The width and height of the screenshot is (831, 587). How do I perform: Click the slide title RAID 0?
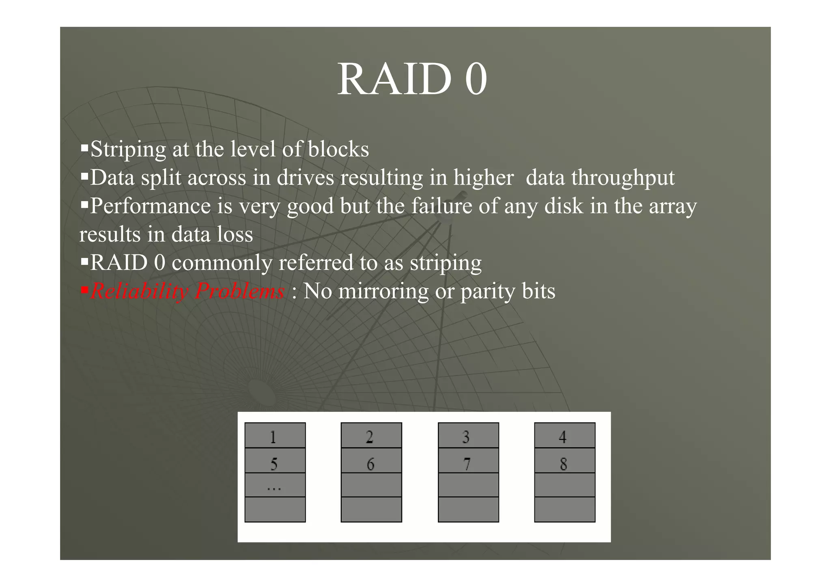point(412,79)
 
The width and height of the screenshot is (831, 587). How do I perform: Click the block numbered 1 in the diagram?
point(275,436)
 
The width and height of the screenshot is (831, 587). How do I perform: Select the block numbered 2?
point(371,436)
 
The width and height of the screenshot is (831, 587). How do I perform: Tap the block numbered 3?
point(468,436)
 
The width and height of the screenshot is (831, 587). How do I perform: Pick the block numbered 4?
point(564,436)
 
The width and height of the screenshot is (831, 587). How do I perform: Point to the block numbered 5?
point(275,461)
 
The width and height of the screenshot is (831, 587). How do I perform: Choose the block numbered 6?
point(371,461)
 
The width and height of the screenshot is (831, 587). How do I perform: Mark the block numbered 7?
point(468,461)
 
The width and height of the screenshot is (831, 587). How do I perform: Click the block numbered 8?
point(564,461)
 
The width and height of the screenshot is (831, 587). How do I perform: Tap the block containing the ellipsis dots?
point(275,485)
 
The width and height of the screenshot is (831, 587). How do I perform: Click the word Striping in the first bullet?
point(128,149)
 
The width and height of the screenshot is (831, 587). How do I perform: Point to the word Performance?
point(150,206)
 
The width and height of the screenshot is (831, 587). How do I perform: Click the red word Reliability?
point(139,291)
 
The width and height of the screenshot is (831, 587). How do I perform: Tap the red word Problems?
point(239,291)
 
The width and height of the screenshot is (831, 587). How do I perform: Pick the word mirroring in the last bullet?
point(383,291)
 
